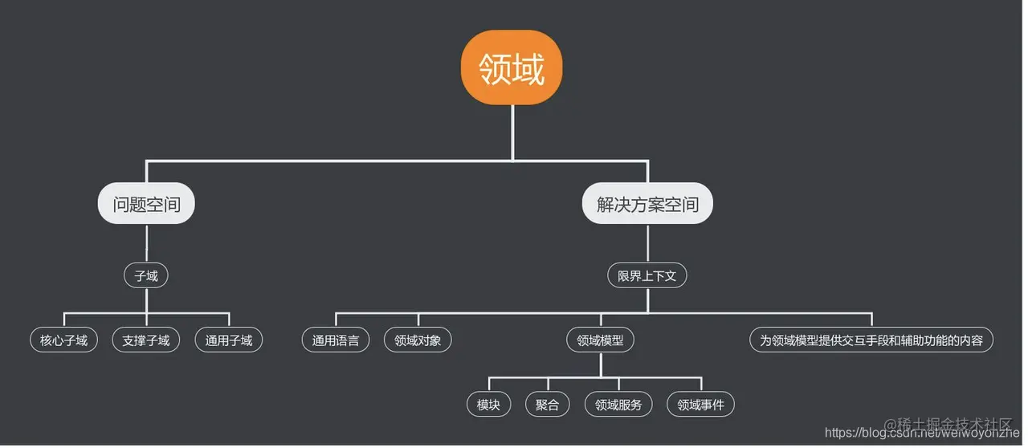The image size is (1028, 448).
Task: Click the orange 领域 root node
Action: [512, 69]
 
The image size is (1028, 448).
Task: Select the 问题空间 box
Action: [146, 204]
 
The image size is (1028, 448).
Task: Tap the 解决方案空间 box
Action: [647, 204]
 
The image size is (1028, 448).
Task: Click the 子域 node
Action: [146, 276]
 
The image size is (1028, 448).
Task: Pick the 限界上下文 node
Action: [647, 276]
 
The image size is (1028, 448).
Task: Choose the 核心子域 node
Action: [63, 340]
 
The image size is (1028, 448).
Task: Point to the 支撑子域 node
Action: [146, 340]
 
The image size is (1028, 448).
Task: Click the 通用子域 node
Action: [229, 340]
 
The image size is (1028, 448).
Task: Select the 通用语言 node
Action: [336, 340]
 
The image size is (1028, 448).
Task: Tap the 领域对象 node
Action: [418, 340]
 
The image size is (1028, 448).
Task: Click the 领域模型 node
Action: [600, 340]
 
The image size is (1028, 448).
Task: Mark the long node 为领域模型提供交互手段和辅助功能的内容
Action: [871, 340]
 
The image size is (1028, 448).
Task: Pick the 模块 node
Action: [488, 405]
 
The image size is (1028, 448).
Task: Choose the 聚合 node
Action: [547, 405]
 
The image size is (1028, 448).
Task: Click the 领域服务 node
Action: [618, 405]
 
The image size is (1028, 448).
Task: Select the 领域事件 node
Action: [700, 405]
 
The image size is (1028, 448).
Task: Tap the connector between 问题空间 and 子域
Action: [146, 243]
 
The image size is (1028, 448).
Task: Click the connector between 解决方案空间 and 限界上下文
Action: [647, 243]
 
